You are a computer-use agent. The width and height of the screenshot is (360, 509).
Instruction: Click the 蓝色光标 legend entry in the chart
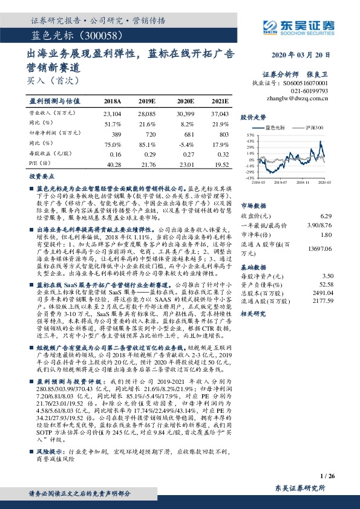tap(274, 128)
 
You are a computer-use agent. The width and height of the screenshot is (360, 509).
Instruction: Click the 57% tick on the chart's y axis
tap(249, 135)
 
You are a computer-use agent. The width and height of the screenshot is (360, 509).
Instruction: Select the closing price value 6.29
tap(326, 216)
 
